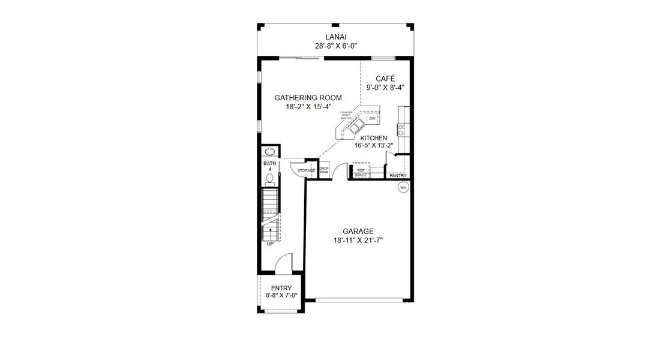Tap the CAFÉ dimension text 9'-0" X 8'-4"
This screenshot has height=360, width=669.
(x=385, y=87)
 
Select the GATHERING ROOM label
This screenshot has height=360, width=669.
(x=308, y=98)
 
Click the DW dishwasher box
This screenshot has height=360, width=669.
(x=372, y=119)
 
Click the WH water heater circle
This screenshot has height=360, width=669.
(x=403, y=188)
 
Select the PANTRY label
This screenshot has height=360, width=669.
(x=398, y=176)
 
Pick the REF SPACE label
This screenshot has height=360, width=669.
(x=361, y=173)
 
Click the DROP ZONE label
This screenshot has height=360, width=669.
(x=324, y=170)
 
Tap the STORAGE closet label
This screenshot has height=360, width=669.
(x=306, y=171)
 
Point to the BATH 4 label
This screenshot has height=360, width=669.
(x=269, y=166)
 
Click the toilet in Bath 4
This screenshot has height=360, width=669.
(x=269, y=179)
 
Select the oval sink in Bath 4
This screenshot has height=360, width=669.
(x=269, y=152)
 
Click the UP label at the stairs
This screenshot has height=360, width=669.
(x=269, y=244)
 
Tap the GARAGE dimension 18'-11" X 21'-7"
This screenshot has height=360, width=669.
(x=358, y=240)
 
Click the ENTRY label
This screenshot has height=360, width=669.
(x=281, y=289)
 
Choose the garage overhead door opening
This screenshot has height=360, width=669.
(x=359, y=299)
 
